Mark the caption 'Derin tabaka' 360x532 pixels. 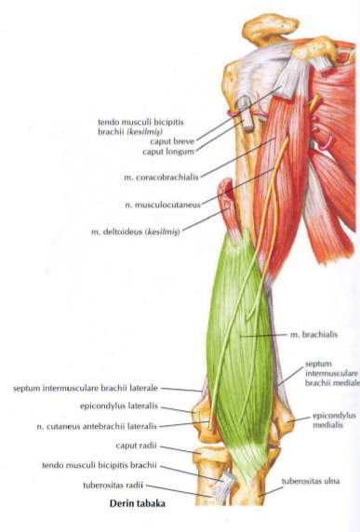(139, 505)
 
